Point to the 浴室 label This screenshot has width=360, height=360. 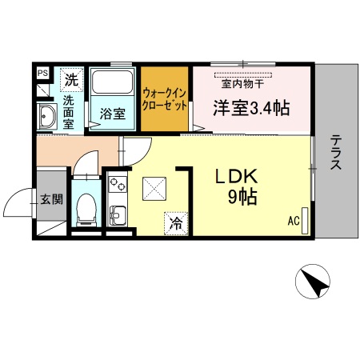pyautogui.click(x=113, y=114)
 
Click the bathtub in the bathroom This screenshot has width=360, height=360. pyautogui.click(x=113, y=82)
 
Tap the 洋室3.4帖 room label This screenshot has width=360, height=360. pyautogui.click(x=250, y=108)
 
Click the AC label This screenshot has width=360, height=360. pyautogui.click(x=294, y=221)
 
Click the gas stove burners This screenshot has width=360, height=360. pyautogui.click(x=117, y=185)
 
